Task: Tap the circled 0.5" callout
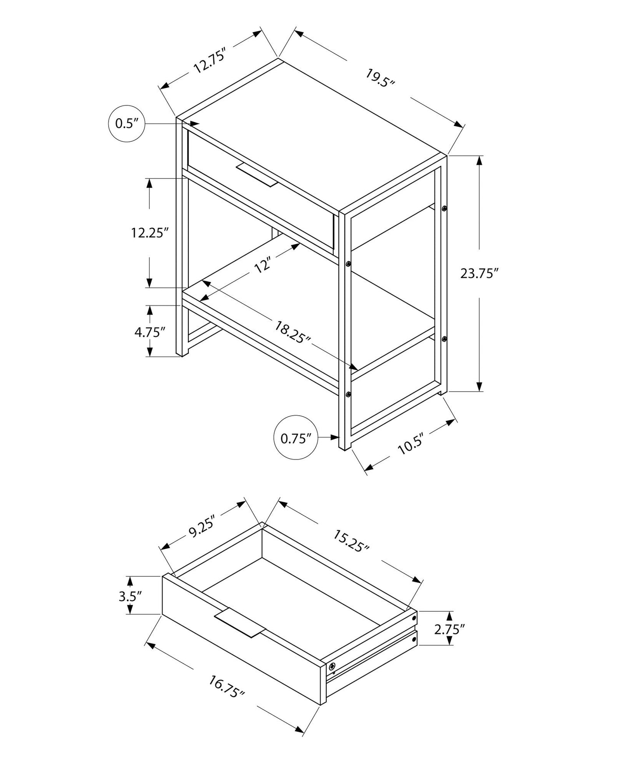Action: click(x=126, y=124)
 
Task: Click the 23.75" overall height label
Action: click(x=480, y=274)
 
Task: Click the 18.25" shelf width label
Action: click(x=293, y=332)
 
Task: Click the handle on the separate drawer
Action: click(x=240, y=622)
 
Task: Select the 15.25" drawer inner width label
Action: click(x=351, y=541)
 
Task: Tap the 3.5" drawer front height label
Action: click(x=131, y=596)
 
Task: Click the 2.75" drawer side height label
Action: click(x=449, y=629)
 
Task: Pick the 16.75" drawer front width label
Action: click(x=226, y=687)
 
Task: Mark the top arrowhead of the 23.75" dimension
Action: click(x=480, y=161)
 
